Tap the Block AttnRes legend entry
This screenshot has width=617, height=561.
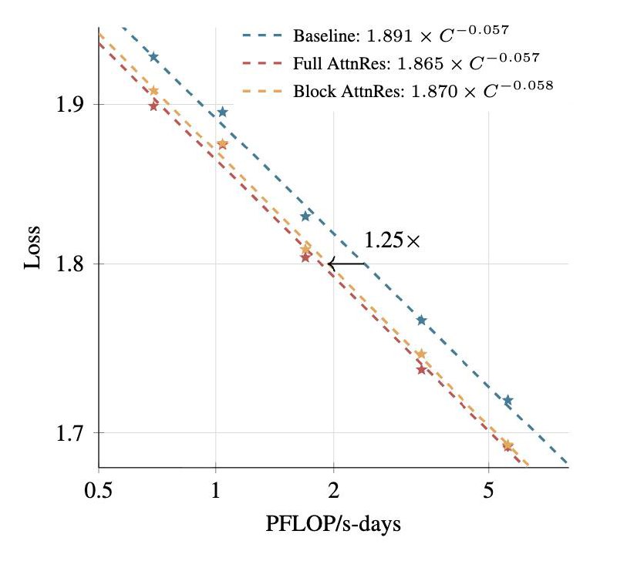click(x=423, y=89)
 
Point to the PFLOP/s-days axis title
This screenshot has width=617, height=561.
click(x=333, y=526)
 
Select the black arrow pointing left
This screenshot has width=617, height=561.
click(x=347, y=264)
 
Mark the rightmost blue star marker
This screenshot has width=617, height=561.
click(x=507, y=400)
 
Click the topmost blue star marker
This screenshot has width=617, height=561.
click(x=153, y=57)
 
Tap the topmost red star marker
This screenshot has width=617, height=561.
click(x=153, y=106)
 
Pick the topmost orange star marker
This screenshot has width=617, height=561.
click(x=153, y=90)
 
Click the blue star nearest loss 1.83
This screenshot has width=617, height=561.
click(x=305, y=216)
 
